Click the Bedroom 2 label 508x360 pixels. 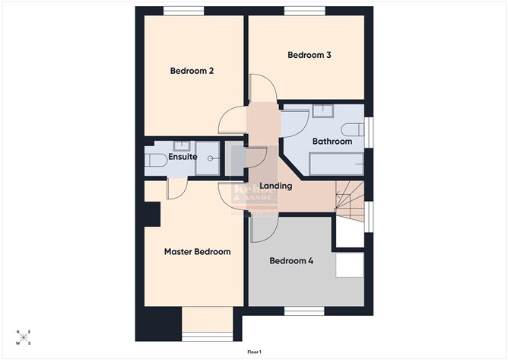191,72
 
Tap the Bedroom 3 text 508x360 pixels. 308,55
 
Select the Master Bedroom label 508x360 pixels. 197,251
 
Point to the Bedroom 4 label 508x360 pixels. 292,260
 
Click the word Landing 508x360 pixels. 275,186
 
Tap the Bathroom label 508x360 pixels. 332,142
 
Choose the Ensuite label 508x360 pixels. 183,157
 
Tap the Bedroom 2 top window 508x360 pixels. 183,11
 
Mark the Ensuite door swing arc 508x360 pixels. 173,190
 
